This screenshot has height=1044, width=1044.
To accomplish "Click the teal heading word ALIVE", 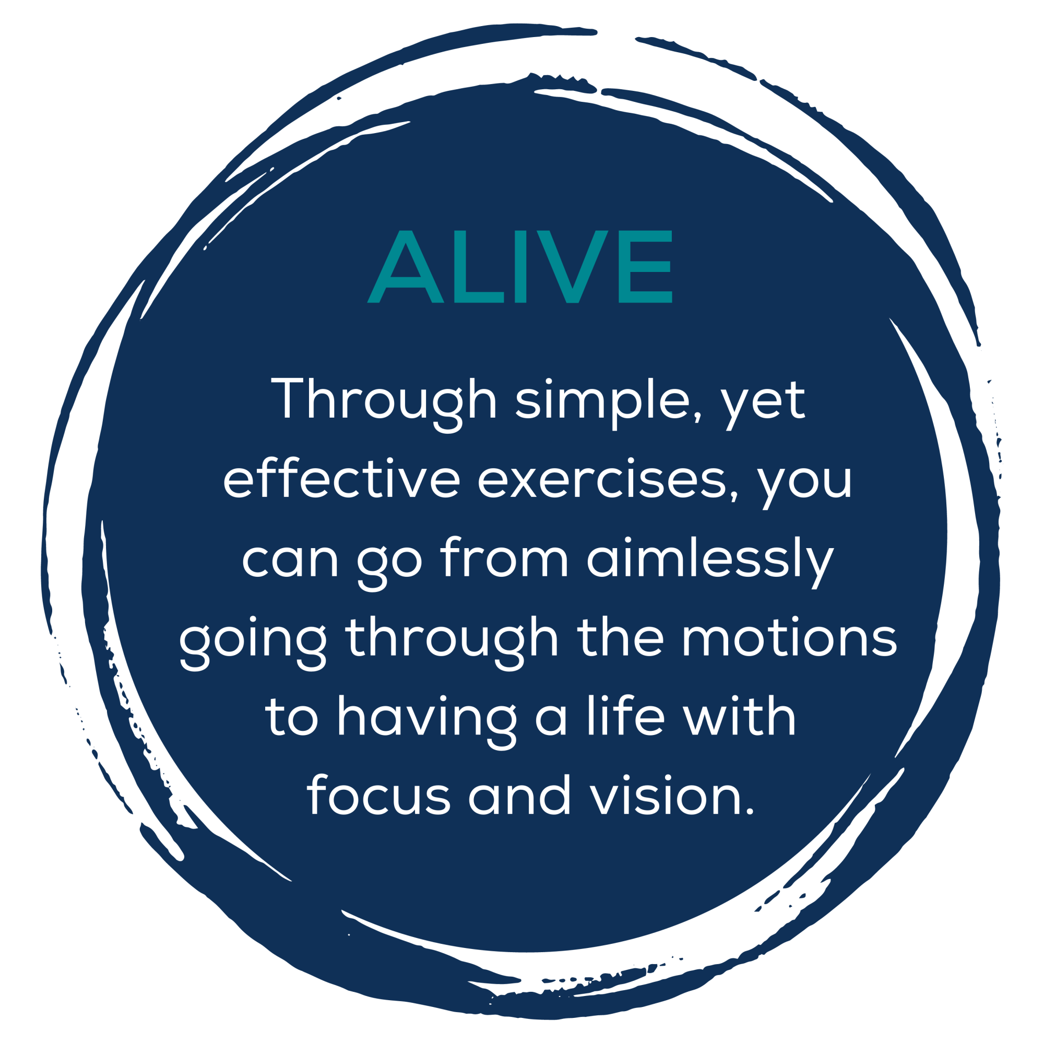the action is pos(519,266).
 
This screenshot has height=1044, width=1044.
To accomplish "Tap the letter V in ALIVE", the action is pos(572,266).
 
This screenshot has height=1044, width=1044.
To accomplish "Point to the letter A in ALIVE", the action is pos(405,266).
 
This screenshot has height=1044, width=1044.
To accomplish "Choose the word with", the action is pos(739,716).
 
